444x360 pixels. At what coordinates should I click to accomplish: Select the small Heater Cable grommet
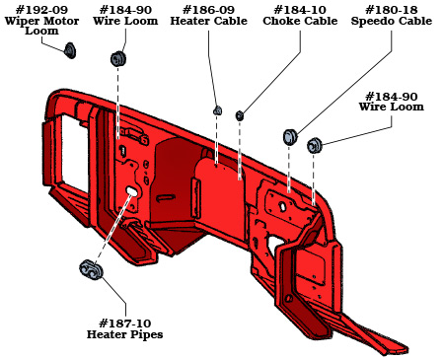[x=218, y=110]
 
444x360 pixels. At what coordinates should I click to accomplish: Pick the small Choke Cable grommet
[x=240, y=115]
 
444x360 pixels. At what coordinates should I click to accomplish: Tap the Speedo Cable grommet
[x=291, y=136]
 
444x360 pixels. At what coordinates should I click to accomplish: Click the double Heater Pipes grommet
[x=91, y=269]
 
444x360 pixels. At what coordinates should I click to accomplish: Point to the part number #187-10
[x=124, y=323]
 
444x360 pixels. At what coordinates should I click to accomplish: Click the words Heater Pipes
[x=124, y=334]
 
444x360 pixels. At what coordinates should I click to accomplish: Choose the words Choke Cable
[x=299, y=21]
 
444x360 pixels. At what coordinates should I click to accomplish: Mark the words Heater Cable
[x=210, y=21]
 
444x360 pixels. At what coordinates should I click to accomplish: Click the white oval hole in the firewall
[x=131, y=190]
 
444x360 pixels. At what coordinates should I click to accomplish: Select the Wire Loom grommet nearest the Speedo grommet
[x=315, y=146]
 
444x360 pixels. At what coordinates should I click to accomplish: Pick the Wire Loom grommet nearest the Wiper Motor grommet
[x=119, y=59]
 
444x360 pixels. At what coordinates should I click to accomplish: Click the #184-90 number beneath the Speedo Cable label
[x=392, y=96]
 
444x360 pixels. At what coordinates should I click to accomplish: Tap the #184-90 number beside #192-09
[x=124, y=9]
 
